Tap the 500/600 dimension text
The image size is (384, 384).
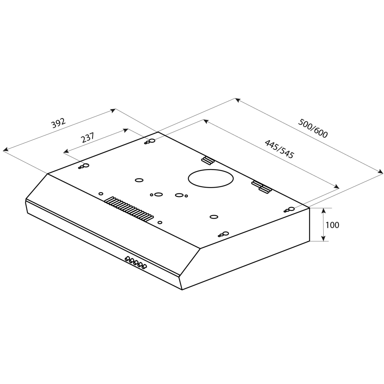(313, 128)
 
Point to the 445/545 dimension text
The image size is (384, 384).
(279, 149)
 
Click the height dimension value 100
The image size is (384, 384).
(332, 225)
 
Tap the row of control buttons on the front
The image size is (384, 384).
(135, 262)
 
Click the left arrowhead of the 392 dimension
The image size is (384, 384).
(5, 150)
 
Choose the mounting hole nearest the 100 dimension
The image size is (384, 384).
(291, 209)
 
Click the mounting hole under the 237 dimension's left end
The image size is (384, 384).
(85, 166)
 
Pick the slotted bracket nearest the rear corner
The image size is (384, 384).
(207, 160)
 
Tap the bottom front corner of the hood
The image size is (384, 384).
(182, 289)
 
